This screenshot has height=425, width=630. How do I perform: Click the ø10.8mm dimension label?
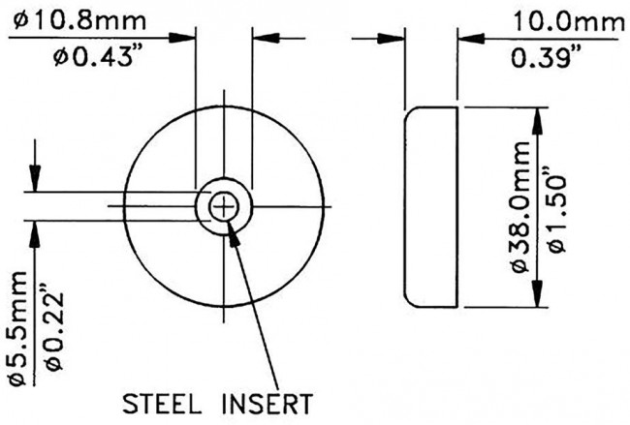coord(79,21)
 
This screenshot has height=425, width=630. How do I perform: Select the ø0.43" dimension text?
coord(93,56)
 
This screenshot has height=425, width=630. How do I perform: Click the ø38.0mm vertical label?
coord(521,207)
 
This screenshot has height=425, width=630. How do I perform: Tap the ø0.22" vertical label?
coord(54,328)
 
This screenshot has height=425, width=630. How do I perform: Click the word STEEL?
coord(161,404)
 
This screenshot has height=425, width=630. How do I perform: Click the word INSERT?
coord(268,404)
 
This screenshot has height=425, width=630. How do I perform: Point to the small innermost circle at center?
coord(224,207)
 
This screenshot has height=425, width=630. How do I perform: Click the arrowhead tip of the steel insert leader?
coord(228,221)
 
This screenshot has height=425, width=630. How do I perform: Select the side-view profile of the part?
coord(430,207)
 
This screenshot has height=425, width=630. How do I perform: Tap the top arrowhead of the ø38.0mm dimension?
coord(537,107)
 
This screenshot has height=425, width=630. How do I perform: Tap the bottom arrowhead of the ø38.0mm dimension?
coord(537,308)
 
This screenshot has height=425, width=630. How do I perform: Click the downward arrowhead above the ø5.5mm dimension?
coord(35,192)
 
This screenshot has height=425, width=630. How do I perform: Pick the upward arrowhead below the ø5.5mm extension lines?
coord(35,221)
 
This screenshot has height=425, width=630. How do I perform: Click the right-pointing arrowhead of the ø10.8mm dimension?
coord(195,38)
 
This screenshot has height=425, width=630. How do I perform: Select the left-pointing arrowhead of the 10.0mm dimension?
coord(457,39)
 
